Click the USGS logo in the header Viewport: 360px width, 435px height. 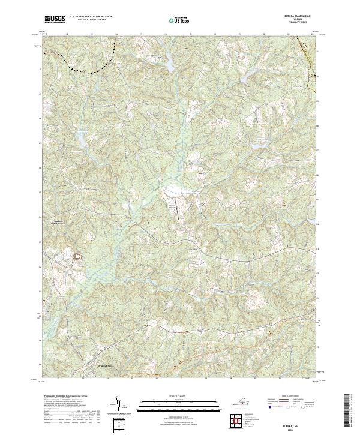55,19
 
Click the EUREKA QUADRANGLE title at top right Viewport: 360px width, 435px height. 301,16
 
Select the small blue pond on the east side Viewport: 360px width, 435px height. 257,145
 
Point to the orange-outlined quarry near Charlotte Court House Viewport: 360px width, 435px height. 77,257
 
